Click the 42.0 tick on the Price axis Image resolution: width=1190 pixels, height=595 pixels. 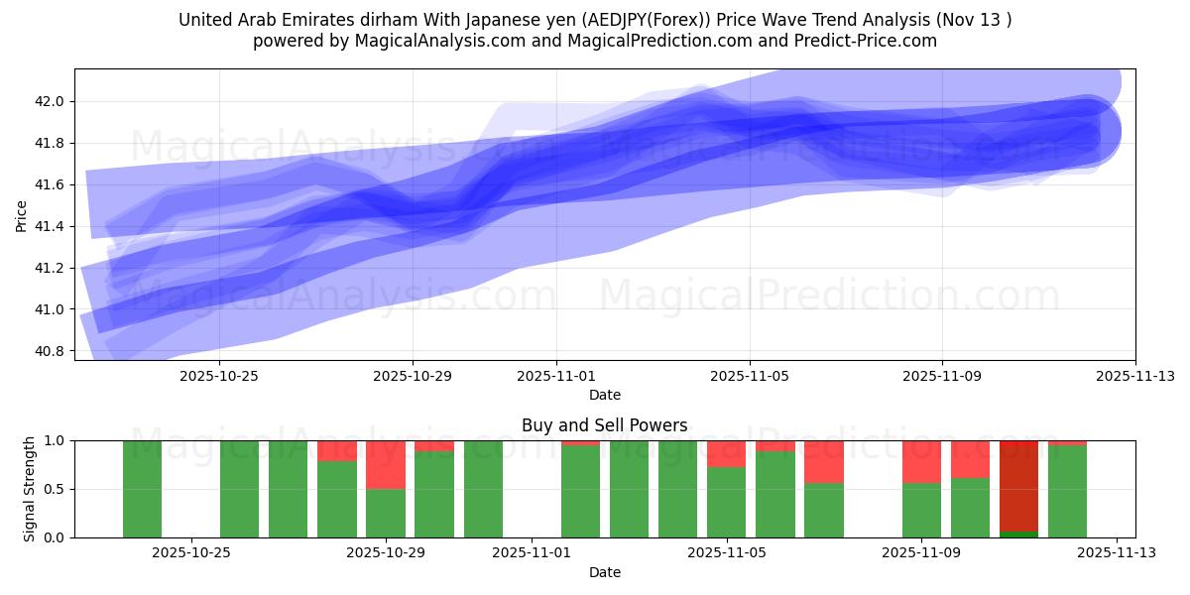(50, 101)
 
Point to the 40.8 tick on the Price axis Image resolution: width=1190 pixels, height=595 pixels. (50, 351)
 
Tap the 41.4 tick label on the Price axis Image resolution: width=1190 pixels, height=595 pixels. (50, 226)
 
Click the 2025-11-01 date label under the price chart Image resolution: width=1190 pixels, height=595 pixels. (556, 376)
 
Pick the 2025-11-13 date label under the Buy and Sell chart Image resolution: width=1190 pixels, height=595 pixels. (1117, 553)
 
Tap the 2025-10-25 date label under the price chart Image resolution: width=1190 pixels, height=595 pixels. (218, 376)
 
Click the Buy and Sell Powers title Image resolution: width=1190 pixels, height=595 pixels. (604, 425)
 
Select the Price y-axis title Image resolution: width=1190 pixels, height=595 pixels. (22, 215)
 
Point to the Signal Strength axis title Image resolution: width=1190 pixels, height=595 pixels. (30, 489)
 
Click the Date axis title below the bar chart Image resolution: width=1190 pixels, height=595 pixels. (604, 572)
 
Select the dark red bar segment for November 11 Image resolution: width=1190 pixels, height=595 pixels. (1018, 486)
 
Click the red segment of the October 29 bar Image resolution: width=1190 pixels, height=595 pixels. (386, 464)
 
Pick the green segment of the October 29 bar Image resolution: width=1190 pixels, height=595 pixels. (386, 513)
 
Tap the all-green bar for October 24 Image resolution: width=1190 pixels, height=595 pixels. (142, 489)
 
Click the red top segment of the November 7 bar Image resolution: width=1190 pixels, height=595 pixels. (824, 461)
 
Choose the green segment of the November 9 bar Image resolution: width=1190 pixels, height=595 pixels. (921, 510)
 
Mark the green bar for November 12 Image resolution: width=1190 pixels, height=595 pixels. (1067, 491)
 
